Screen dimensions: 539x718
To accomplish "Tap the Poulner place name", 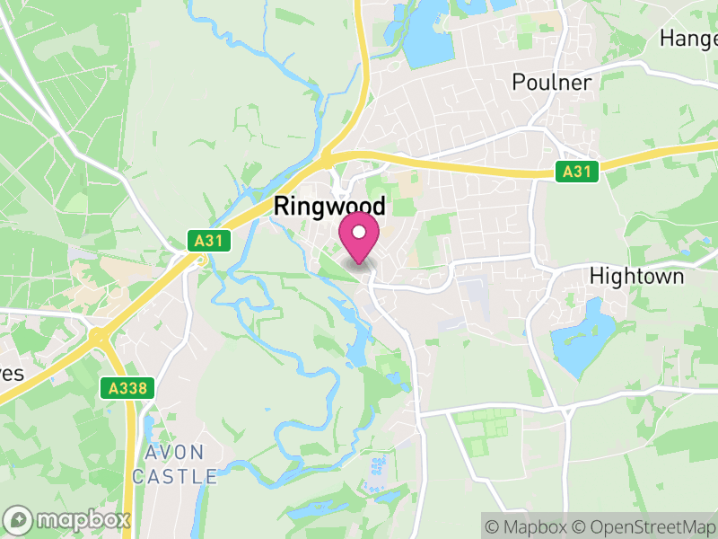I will (x=552, y=83).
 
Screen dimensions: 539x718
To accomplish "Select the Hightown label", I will (x=636, y=276).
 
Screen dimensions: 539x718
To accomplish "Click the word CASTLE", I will (x=174, y=476).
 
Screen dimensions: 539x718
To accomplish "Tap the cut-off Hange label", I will (x=688, y=38).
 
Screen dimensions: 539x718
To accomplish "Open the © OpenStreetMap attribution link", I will (x=644, y=526).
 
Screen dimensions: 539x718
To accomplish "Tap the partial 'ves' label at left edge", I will (x=11, y=374).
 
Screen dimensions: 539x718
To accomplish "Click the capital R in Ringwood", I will (x=281, y=207).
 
